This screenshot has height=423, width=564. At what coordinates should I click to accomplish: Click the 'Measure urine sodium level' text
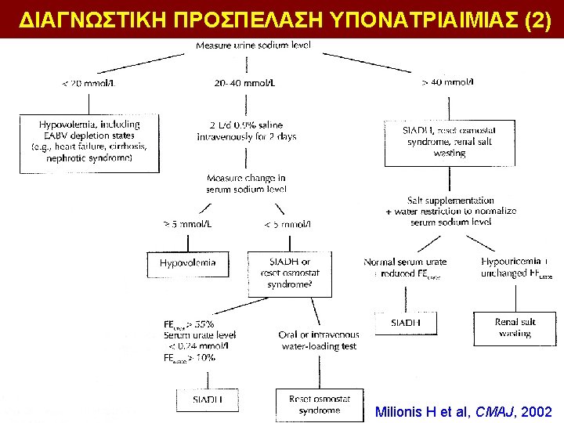253,45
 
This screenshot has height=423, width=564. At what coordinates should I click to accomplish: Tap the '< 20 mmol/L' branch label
89,83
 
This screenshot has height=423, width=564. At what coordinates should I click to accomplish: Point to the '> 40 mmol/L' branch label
447,82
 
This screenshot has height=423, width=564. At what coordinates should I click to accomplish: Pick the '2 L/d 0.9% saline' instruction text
246,130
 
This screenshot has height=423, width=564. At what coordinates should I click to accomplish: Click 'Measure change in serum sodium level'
246,183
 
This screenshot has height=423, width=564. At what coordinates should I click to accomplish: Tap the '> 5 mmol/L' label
187,224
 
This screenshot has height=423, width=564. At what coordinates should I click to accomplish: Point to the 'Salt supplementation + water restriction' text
450,211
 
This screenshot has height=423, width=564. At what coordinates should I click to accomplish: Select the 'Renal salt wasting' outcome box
514,327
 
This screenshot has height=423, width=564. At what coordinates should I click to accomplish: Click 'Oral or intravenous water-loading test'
318,340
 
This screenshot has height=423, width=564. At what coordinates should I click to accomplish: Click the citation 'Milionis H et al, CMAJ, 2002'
464,411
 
